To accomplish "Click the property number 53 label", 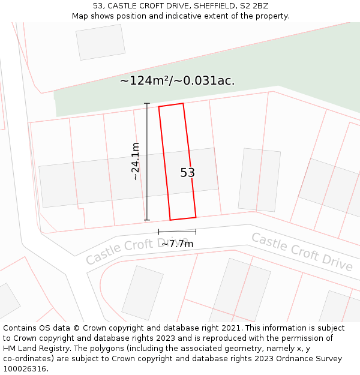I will [187, 173].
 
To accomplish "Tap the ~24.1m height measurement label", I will [136, 161].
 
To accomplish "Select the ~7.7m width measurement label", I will [177, 244].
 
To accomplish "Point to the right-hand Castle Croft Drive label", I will [302, 251].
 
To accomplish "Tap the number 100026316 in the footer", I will [24, 369].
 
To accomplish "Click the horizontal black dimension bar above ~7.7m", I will [177, 232].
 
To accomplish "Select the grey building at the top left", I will [100, 42].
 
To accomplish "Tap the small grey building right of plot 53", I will [259, 179].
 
